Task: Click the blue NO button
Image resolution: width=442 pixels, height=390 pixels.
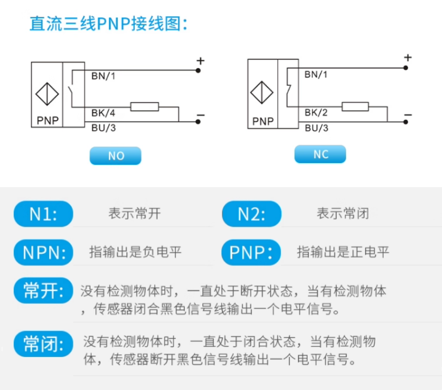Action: pos(115,156)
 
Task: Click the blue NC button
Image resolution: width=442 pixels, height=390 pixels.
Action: pos(320,154)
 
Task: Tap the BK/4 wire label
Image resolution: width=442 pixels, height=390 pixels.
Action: pos(103,112)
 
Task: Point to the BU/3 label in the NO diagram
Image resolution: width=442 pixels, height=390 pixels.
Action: pos(103,128)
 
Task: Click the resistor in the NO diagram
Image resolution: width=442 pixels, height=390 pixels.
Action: pos(144,107)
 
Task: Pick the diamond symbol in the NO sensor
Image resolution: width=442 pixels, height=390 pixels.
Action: pos(47,95)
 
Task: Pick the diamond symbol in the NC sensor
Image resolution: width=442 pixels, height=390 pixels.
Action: pos(262,93)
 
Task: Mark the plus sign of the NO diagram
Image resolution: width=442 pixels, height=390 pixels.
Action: pos(200,61)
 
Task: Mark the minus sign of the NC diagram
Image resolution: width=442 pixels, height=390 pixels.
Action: pos(408,115)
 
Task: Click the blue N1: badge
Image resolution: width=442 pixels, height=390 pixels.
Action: pos(44,214)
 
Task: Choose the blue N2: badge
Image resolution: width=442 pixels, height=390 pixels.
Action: pos(251,214)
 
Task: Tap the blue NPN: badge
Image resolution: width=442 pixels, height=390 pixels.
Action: pos(44,252)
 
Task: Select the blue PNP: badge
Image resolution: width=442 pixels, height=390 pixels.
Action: pos(251,252)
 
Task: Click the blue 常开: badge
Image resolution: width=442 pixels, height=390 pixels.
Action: pos(44,290)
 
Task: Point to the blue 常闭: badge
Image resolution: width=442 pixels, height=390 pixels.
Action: pos(44,344)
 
